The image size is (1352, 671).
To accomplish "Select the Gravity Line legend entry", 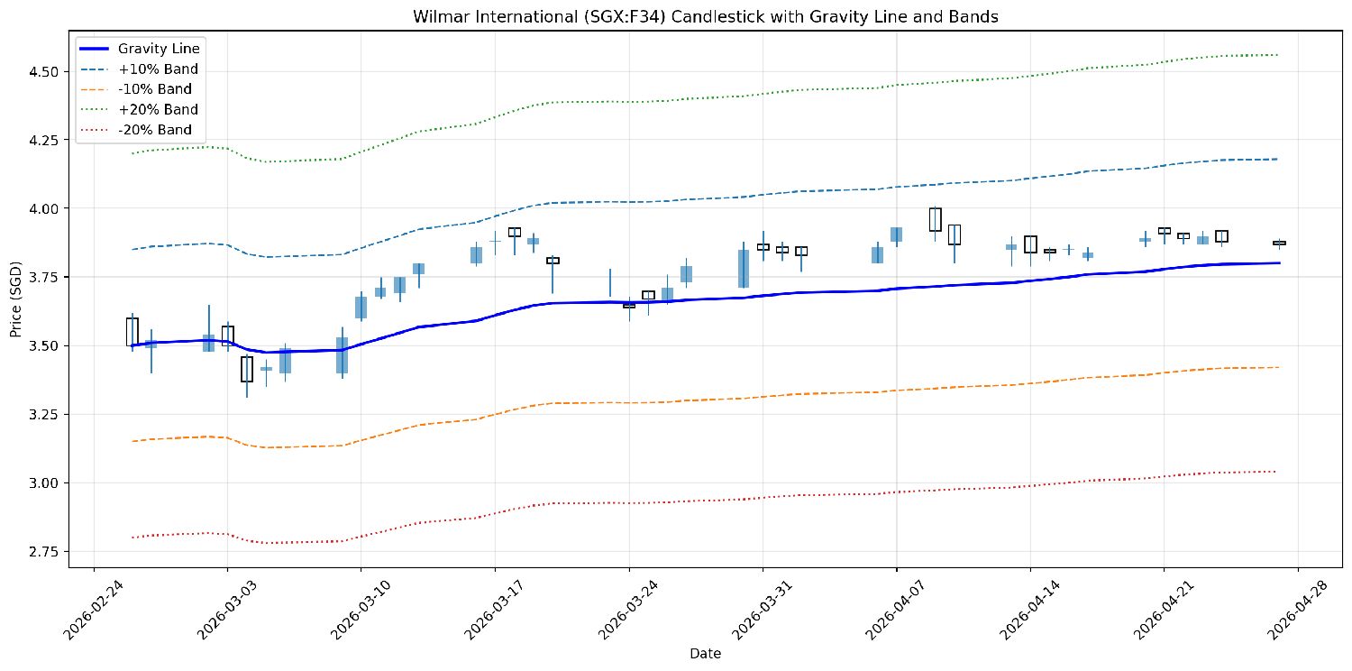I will tap(159, 49).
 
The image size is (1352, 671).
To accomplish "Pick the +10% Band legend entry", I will tap(158, 69).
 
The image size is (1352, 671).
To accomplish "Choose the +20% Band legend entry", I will tap(158, 109).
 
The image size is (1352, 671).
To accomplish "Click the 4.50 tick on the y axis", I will tap(46, 71).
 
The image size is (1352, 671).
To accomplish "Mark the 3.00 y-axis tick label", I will tap(46, 483).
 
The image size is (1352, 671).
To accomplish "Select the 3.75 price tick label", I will tap(46, 277).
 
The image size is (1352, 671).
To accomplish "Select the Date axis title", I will tap(705, 653).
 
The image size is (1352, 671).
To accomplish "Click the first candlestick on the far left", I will tap(132, 332).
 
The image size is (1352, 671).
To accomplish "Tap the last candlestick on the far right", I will tap(1279, 243).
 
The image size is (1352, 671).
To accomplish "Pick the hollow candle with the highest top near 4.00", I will tap(936, 219).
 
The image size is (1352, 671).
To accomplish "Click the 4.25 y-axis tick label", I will tap(46, 140).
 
